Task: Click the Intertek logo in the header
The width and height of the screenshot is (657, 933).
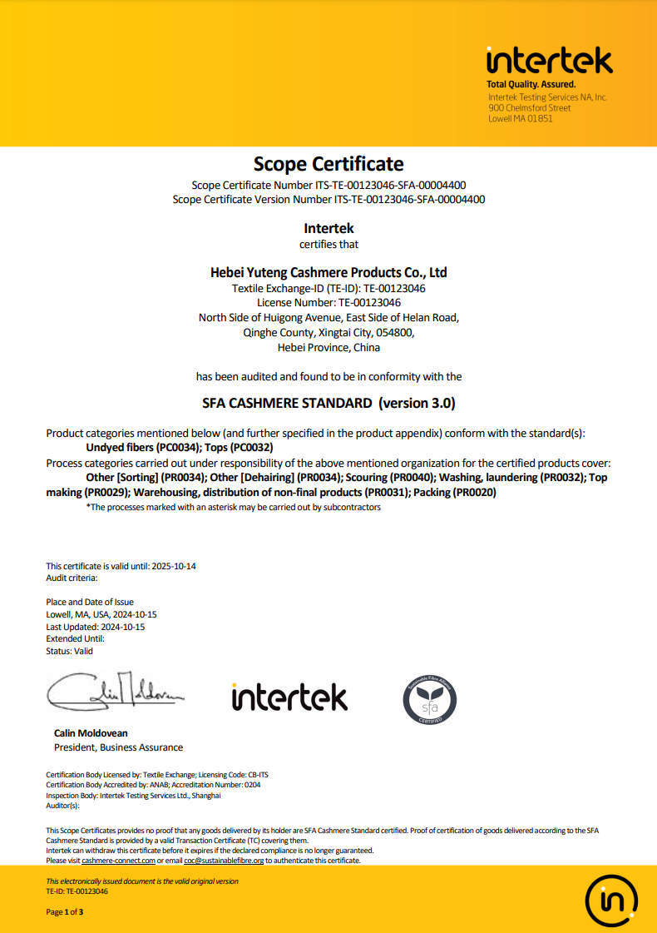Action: coord(549,61)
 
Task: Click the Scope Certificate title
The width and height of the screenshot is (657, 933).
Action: coord(328,163)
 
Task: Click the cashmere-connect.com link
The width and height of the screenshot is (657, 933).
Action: coord(118,861)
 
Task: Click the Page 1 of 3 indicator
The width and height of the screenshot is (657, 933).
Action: coord(64,912)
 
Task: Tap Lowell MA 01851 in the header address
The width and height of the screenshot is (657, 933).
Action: coord(521,118)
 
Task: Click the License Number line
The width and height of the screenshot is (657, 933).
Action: coord(328,302)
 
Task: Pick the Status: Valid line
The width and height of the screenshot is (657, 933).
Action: coord(69,651)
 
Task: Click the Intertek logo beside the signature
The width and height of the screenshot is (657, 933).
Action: coord(289,697)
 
